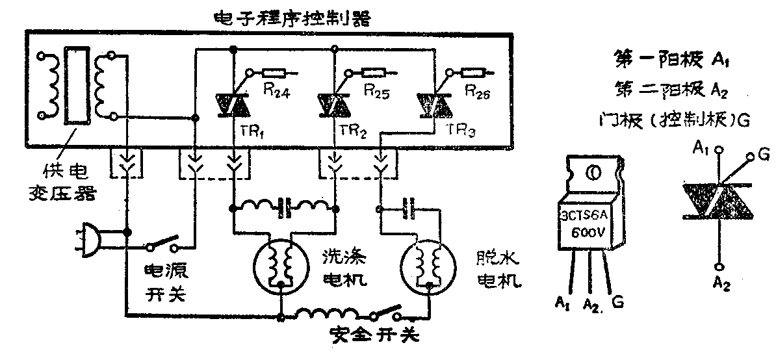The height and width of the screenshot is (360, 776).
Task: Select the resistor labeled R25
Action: pyautogui.click(x=374, y=72)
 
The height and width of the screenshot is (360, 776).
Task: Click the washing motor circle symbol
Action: pyautogui.click(x=279, y=263)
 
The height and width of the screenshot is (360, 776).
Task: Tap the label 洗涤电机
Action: pyautogui.click(x=344, y=268)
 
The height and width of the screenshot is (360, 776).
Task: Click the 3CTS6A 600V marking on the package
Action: pyautogui.click(x=589, y=225)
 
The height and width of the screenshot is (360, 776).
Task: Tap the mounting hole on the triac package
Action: pyautogui.click(x=593, y=173)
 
